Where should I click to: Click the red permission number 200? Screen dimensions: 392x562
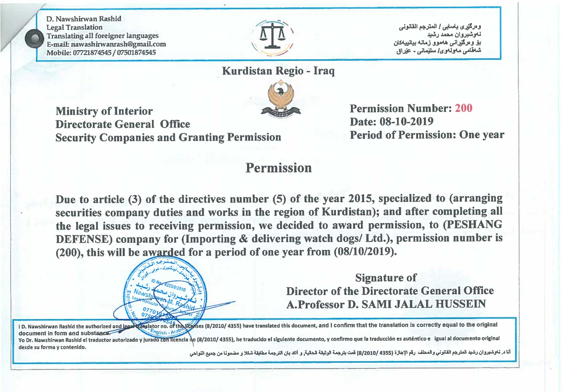[463, 108]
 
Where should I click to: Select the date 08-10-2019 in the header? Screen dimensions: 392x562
[406, 122]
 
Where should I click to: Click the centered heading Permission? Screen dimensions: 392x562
[279, 168]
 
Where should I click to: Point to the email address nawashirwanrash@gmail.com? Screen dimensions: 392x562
[118, 44]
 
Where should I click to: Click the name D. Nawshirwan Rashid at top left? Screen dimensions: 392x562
[84, 19]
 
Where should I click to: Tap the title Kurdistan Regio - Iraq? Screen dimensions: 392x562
[278, 71]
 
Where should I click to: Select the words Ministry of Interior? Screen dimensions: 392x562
[104, 111]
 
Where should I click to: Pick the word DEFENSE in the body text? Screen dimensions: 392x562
[84, 239]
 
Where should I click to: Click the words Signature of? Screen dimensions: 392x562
[386, 277]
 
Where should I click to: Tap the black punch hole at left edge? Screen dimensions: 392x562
[34, 38]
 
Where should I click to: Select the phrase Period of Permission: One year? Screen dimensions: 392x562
[427, 135]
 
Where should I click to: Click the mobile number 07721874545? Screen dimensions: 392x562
[92, 53]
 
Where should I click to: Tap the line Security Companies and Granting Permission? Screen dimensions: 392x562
[168, 137]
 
